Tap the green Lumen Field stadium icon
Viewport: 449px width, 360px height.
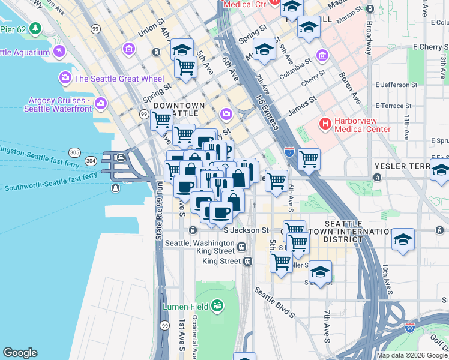217,307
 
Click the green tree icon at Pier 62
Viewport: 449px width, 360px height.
35,28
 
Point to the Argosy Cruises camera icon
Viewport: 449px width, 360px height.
101,103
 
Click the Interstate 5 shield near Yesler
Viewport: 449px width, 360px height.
289,152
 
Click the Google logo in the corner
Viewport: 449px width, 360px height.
20,353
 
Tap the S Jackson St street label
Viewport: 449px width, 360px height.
246,230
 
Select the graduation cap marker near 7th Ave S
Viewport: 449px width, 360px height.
321,272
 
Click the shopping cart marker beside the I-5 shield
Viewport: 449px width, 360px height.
309,160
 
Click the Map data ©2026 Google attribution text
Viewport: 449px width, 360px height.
412,355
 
